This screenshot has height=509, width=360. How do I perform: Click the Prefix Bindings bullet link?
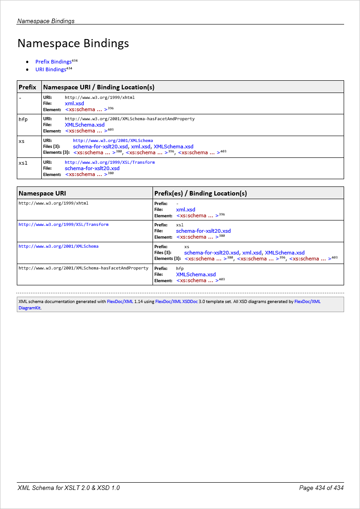pos(53,62)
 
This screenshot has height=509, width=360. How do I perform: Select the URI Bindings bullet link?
pos(50,70)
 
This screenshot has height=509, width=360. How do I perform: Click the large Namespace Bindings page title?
pos(73,44)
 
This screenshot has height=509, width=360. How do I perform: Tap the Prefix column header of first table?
pos(27,87)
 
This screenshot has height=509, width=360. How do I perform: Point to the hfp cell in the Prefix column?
pos(23,119)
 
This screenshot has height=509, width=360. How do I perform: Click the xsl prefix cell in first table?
pos(23,162)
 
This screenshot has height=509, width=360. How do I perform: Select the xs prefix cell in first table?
pos(22,141)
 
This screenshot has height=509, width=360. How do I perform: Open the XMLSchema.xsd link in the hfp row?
pos(84,125)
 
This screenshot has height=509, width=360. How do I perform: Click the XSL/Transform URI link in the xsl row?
pos(109,162)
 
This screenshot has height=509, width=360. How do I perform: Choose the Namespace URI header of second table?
pos(42,193)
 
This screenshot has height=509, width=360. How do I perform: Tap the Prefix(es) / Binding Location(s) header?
pos(200,193)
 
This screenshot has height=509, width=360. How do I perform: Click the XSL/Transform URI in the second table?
pos(63,225)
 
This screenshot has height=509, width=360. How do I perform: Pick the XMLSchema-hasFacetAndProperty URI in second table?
pos(83,268)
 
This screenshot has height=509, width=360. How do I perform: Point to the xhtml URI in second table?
pos(53,203)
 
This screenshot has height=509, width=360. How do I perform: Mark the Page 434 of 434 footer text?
pos(321,488)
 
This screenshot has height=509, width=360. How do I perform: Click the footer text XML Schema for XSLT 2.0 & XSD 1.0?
pos(69,488)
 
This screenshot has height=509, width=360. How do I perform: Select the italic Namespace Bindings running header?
pos(46,21)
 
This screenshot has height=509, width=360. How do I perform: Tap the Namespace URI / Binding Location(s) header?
pos(99,87)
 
